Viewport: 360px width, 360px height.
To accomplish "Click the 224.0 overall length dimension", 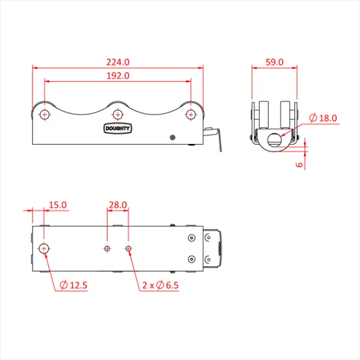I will click(118, 62).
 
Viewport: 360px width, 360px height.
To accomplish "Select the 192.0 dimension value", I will click(118, 75).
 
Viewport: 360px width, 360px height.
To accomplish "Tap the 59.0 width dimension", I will click(274, 62).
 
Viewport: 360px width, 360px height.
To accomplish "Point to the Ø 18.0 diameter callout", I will click(324, 118).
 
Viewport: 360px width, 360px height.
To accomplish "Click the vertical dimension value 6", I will click(299, 165).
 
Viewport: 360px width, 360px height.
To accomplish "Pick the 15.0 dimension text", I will click(57, 205).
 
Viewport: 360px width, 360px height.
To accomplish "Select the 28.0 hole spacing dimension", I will click(118, 205).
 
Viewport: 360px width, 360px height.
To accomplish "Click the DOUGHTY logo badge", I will click(118, 128).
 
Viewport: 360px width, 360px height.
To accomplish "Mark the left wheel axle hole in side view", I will click(44, 115).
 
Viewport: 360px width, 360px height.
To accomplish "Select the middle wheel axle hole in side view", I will click(118, 115).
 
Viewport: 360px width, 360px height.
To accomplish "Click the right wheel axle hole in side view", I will click(191, 115).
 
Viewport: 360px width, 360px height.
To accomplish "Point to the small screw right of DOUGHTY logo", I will click(172, 137).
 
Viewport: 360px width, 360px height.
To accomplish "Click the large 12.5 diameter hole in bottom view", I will click(44, 248).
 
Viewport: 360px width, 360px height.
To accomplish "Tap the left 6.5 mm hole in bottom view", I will click(107, 248).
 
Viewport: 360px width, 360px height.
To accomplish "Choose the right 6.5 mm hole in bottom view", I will click(129, 248).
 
